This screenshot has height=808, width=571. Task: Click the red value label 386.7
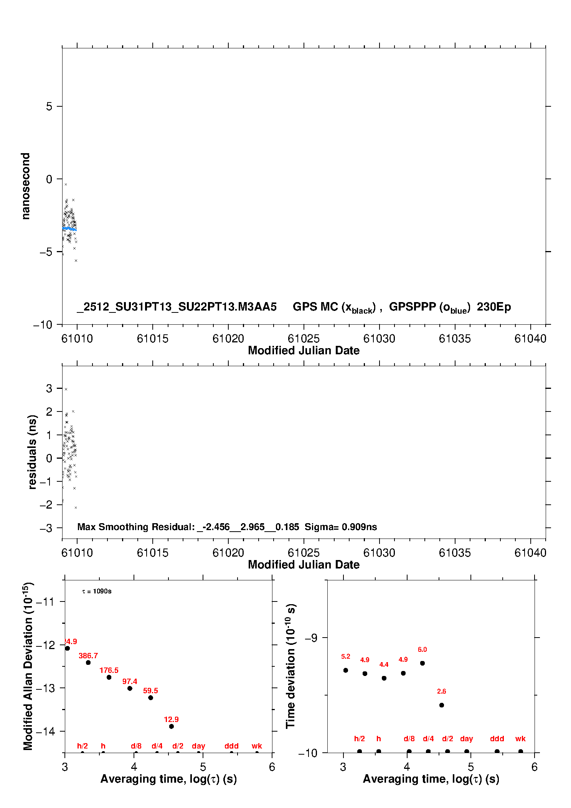tap(88, 656)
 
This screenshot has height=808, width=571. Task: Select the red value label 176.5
tap(109, 670)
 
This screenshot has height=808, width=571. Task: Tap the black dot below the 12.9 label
tap(172, 726)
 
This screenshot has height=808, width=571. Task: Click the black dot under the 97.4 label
tap(130, 688)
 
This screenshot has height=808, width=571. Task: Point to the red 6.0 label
tap(422, 649)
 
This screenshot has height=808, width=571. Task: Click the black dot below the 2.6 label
tap(442, 705)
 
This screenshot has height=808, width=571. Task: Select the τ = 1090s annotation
tap(97, 591)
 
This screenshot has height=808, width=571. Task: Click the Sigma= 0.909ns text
tap(341, 527)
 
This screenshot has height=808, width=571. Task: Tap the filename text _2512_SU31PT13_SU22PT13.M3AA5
tap(177, 307)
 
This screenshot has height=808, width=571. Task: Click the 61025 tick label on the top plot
tap(304, 339)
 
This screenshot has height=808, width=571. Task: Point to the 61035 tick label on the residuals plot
tap(455, 553)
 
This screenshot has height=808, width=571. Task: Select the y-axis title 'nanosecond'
tap(26, 186)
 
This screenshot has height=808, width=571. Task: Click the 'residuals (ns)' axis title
tap(32, 452)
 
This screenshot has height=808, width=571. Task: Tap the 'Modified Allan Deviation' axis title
tap(28, 666)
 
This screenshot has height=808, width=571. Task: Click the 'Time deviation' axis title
tap(290, 666)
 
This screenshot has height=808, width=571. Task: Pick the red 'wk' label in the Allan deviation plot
tap(257, 746)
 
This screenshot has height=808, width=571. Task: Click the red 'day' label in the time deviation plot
tap(466, 739)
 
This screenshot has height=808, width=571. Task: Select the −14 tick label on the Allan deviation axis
tap(45, 731)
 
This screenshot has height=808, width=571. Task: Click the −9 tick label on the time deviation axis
tap(311, 638)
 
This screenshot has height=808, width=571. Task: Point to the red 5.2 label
tap(346, 656)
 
